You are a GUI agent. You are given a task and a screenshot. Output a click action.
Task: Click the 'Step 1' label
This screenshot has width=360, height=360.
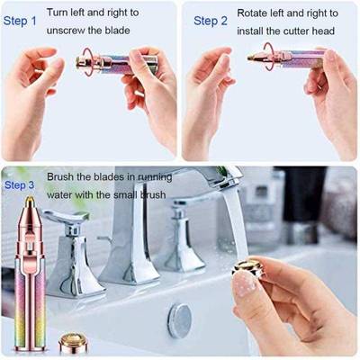coord(22,20)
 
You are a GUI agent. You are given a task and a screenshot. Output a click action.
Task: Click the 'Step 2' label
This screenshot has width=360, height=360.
coord(210,20)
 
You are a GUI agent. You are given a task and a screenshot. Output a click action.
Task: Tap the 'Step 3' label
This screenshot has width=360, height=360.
coord(20,185)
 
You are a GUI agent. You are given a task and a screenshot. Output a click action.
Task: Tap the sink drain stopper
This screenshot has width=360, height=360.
coord(180,320)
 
